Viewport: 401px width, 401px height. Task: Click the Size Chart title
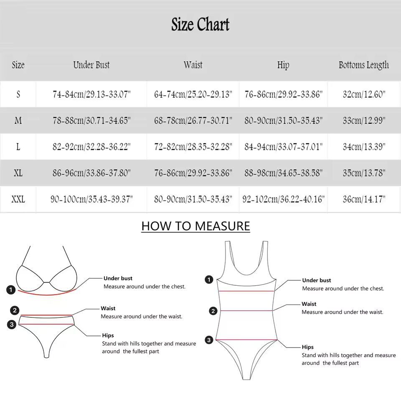pyautogui.click(x=200, y=25)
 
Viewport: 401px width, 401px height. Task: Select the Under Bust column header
pyautogui.click(x=91, y=65)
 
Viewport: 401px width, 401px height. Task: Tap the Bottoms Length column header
pyautogui.click(x=363, y=65)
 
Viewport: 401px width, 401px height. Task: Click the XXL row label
pyautogui.click(x=18, y=199)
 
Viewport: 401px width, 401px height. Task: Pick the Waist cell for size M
pyautogui.click(x=193, y=121)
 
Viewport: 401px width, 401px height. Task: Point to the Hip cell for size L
pyautogui.click(x=283, y=147)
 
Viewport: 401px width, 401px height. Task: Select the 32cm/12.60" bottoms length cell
pyautogui.click(x=364, y=94)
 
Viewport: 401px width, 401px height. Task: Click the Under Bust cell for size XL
pyautogui.click(x=91, y=173)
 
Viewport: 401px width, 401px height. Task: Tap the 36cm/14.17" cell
pyautogui.click(x=364, y=199)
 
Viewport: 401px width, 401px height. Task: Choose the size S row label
pyautogui.click(x=18, y=94)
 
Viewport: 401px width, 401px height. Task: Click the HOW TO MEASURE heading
pyautogui.click(x=195, y=226)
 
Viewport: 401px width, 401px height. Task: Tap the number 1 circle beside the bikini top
pyautogui.click(x=11, y=289)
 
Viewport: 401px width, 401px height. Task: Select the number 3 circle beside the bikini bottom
pyautogui.click(x=12, y=324)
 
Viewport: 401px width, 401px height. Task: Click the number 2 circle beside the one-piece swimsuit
pyautogui.click(x=213, y=311)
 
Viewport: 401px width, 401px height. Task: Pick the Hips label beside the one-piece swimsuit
pyautogui.click(x=308, y=347)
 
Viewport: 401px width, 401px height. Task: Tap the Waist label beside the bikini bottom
pyautogui.click(x=108, y=308)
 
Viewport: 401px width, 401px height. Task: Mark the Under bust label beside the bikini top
pyautogui.click(x=118, y=278)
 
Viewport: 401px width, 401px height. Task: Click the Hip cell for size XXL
pyautogui.click(x=283, y=199)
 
